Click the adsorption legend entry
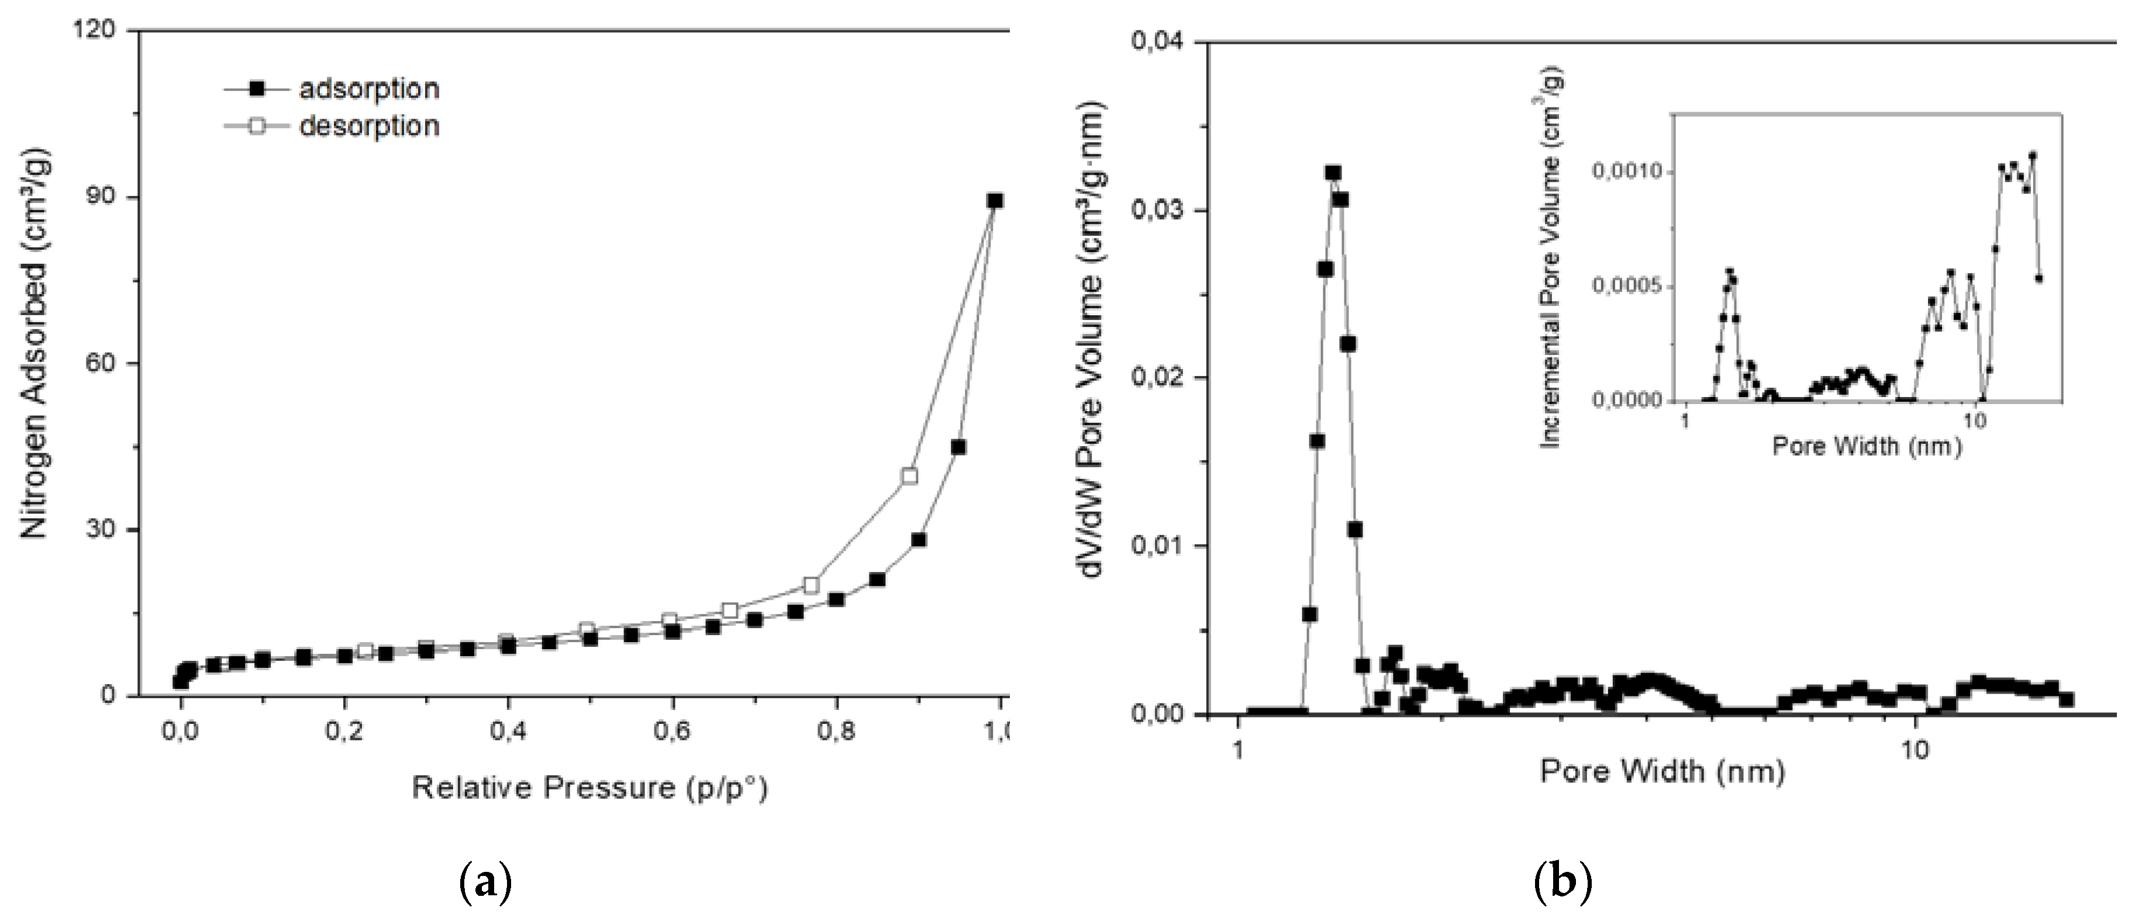pyautogui.click(x=332, y=89)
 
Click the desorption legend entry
pyautogui.click(x=332, y=126)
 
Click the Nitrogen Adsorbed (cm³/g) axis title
pyautogui.click(x=35, y=342)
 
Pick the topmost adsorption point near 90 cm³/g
pyautogui.click(x=995, y=201)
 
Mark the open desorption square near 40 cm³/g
pyautogui.click(x=910, y=476)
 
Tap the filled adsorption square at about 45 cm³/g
pyautogui.click(x=958, y=447)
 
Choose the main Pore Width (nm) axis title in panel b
pyautogui.click(x=1662, y=772)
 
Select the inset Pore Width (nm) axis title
pyautogui.click(x=1867, y=447)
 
